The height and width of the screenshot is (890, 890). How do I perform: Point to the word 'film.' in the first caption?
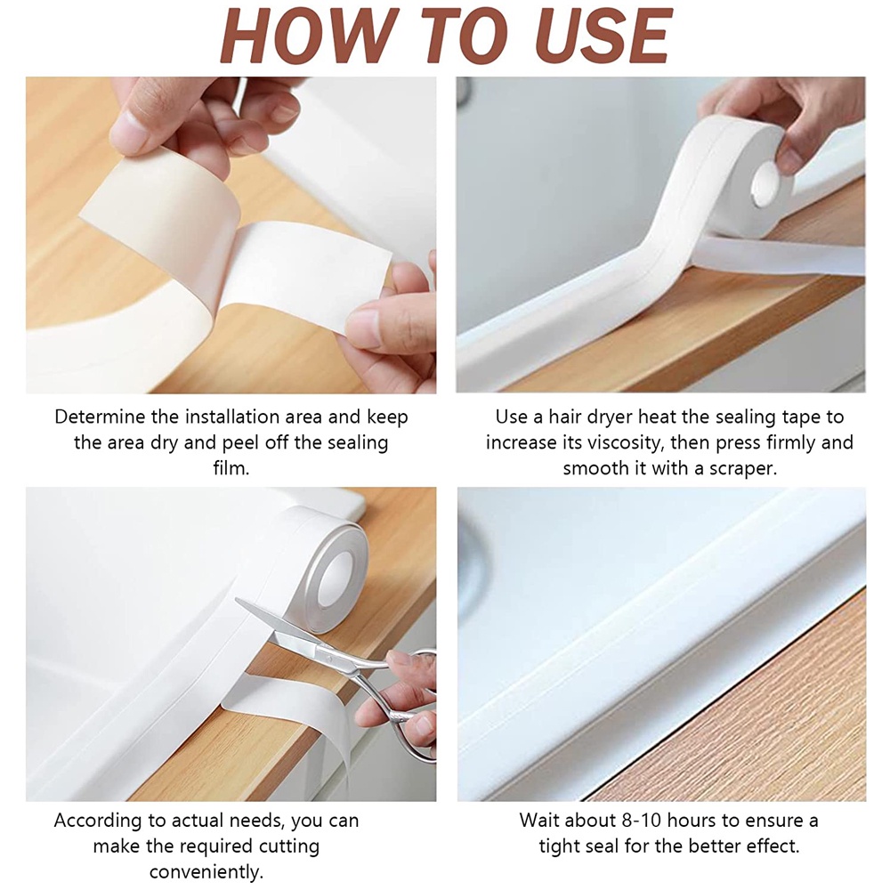[230, 468]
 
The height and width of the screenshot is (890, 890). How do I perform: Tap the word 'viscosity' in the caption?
[618, 442]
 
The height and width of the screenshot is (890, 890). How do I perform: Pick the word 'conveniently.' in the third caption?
[206, 871]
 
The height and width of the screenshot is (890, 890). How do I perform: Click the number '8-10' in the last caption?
[624, 820]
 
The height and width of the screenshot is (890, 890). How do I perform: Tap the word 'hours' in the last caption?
[682, 820]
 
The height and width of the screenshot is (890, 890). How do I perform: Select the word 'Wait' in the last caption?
[540, 820]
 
